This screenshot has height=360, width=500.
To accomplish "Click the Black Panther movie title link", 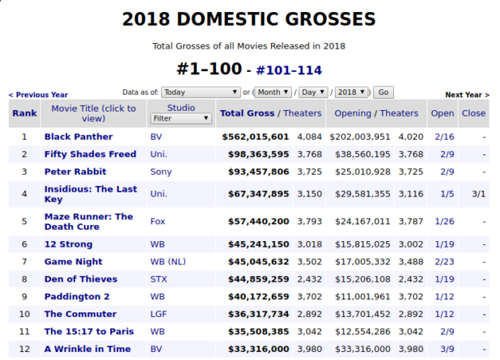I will coord(78,137).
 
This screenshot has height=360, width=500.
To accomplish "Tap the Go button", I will coord(383,92).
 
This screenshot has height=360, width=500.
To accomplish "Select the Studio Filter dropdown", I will coord(181,118).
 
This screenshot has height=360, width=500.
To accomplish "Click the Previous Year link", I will coord(38,95).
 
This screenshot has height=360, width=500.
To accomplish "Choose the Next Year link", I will coord(467,95).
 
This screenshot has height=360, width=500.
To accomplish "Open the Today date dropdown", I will coord(201,92).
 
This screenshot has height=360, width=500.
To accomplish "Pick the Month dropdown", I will coord(274,92).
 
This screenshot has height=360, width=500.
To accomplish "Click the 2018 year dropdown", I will coord(353,92).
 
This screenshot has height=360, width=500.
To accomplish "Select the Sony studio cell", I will coord(161,172).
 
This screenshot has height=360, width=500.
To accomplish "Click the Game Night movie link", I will coord(73,261).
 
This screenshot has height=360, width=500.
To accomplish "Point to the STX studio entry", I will coord(159,279).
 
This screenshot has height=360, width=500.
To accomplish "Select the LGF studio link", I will coord(159,314).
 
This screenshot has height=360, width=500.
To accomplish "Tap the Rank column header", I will coord(24,113).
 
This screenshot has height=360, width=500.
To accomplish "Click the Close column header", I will coord(473,113).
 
